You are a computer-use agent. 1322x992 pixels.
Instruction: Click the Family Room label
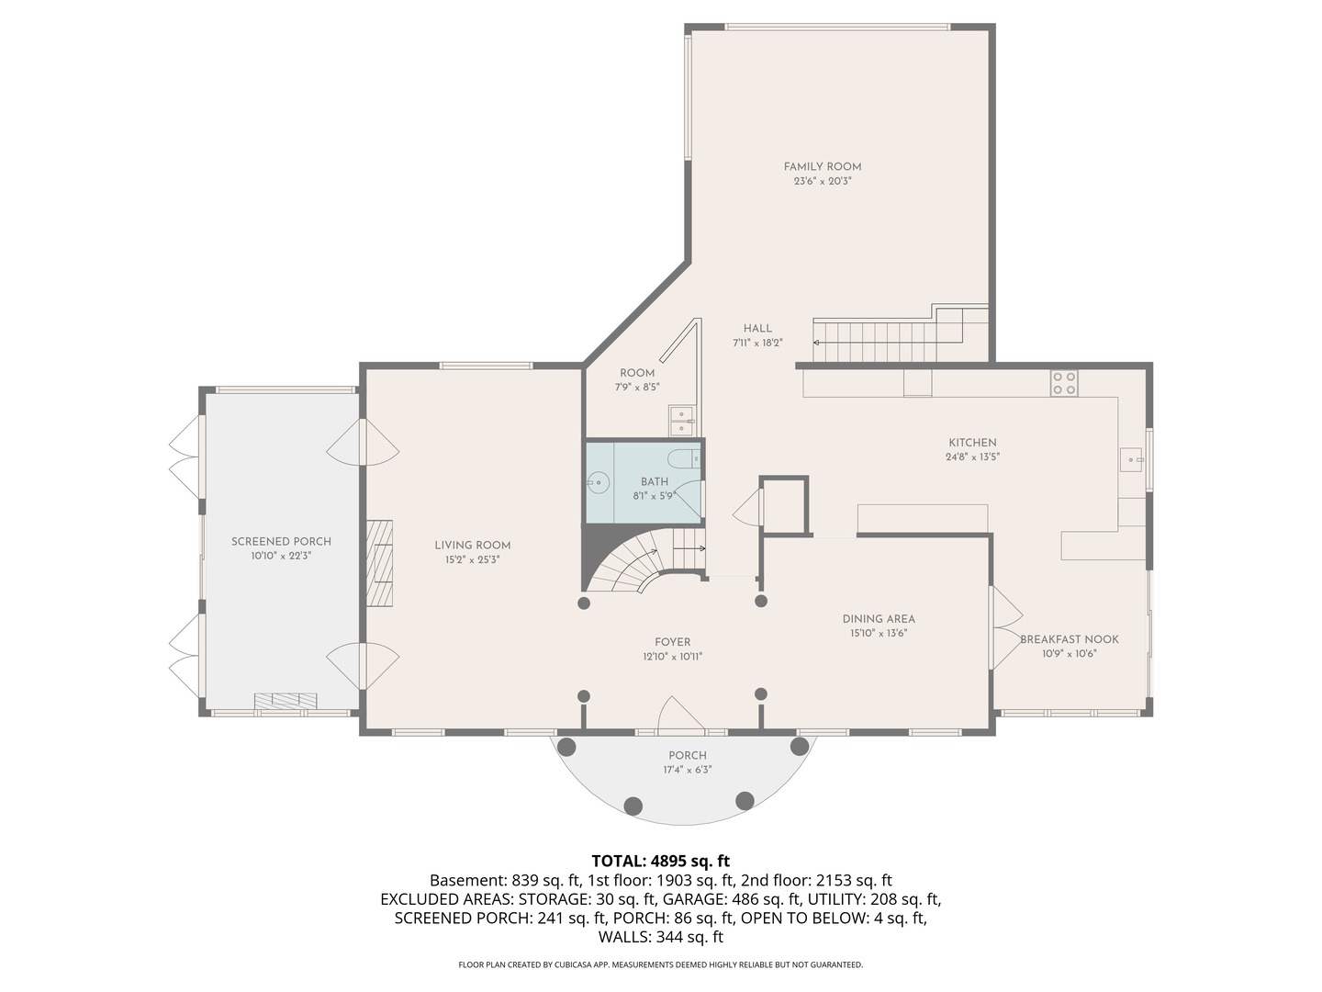click(822, 166)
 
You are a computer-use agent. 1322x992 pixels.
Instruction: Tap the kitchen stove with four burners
click(1064, 383)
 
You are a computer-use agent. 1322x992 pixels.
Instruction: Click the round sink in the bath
click(598, 480)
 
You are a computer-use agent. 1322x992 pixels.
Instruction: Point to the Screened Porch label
click(281, 541)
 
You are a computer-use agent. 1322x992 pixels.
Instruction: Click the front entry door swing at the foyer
click(678, 716)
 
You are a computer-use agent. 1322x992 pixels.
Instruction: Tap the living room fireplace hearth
click(379, 563)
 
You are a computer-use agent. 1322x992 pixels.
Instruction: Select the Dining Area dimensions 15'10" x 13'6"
click(878, 633)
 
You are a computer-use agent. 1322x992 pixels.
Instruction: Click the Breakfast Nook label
click(1070, 639)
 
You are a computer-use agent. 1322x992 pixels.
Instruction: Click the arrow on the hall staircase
click(817, 343)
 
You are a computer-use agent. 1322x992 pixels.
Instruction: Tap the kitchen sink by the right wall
click(1131, 458)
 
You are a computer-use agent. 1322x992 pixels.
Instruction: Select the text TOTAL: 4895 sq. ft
click(660, 861)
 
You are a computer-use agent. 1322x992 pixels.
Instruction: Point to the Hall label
click(757, 328)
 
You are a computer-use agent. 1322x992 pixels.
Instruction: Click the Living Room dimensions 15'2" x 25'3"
click(472, 559)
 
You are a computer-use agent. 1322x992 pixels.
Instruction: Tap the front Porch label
click(687, 755)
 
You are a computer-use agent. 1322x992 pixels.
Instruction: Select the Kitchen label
click(972, 442)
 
